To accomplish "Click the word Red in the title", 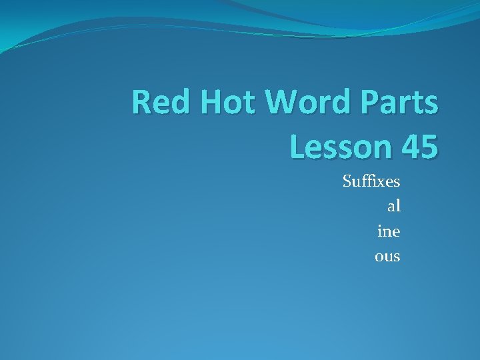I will tap(157, 103).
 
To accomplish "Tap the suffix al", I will tap(394, 206).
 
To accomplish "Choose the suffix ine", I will tap(389, 231).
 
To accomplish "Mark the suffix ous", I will tap(387, 255).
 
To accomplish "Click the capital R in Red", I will tap(141, 103).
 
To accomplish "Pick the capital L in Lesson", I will tap(298, 146).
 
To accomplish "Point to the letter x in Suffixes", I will tap(379, 181).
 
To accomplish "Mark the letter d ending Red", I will tap(175, 103).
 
